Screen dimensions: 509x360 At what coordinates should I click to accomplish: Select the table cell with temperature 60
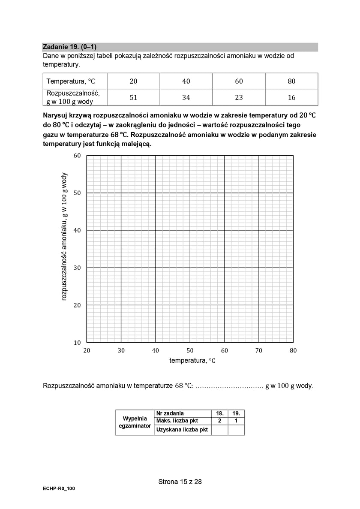coord(239,81)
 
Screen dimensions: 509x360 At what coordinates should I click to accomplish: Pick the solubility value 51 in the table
coord(133,97)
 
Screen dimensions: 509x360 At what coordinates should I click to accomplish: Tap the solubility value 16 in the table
coord(291,97)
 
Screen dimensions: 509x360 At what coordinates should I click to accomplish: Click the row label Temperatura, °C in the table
coord(70,81)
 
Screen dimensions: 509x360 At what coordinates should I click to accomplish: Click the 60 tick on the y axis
coord(77,156)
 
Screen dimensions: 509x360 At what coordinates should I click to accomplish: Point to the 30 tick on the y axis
coord(77,268)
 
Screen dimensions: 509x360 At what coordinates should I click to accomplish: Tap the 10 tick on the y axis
coord(77,342)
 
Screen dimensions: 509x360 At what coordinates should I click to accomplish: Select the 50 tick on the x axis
coord(190,350)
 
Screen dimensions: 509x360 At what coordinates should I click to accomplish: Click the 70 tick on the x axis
coord(258,350)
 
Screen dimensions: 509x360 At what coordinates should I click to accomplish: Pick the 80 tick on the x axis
coord(293,350)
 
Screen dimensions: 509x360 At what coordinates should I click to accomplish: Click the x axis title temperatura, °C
coord(192,361)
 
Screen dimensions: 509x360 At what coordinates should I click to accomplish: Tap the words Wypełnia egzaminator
coord(135,422)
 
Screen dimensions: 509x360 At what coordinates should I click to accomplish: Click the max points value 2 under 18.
coord(220,421)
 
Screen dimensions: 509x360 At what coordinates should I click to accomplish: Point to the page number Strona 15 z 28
coord(180,482)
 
